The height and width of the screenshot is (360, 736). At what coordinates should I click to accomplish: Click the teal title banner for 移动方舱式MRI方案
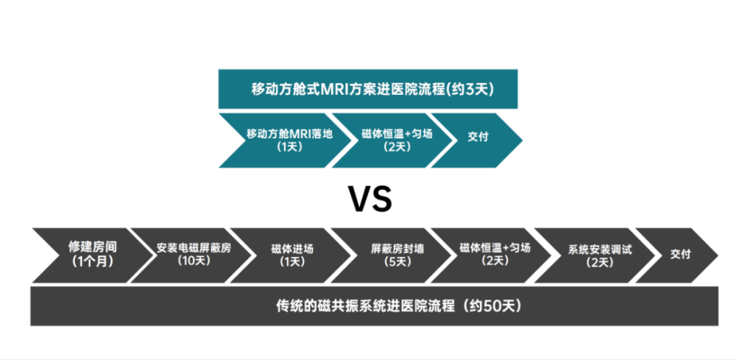368,90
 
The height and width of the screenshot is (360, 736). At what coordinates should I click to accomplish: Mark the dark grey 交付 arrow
679,254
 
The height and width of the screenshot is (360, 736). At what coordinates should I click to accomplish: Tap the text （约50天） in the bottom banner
492,306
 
